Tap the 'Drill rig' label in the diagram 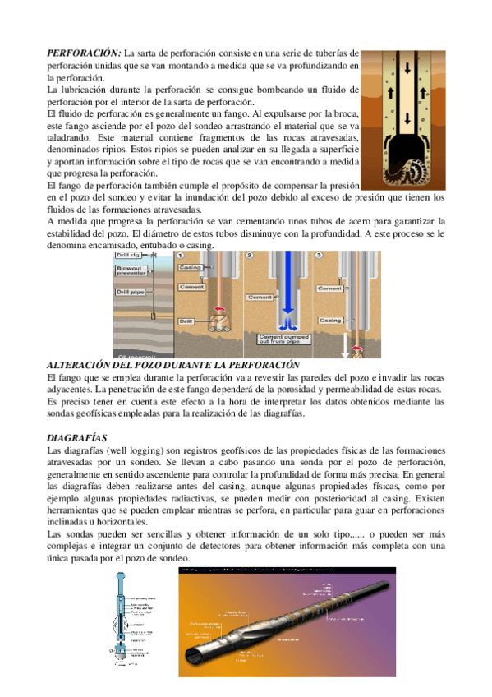pyautogui.click(x=130, y=256)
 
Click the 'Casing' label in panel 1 pyautogui.click(x=191, y=269)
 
